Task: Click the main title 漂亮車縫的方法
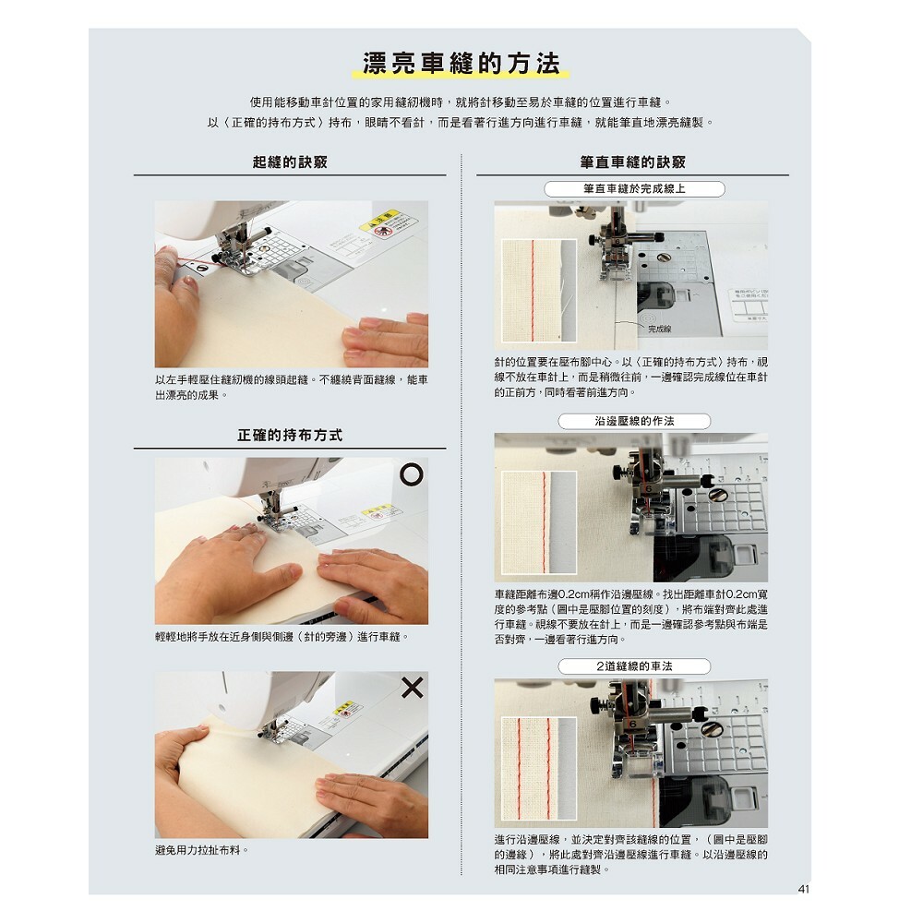tap(461, 64)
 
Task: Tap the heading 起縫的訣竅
tap(290, 162)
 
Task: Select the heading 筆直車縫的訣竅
tap(633, 162)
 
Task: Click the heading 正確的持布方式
tap(290, 435)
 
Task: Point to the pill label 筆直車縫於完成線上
tap(634, 189)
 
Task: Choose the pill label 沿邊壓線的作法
tap(634, 422)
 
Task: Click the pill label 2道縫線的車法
tap(634, 666)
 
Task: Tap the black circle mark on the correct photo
tap(412, 473)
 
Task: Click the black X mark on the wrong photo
tap(412, 687)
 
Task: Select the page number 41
tap(804, 889)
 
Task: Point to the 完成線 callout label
tap(659, 330)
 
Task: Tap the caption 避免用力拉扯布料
tap(202, 851)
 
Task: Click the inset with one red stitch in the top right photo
tap(539, 290)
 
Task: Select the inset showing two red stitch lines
tap(539, 768)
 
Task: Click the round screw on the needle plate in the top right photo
tap(664, 258)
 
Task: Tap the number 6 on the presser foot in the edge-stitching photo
tap(649, 488)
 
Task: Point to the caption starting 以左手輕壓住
tap(292, 388)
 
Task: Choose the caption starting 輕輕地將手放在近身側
tap(282, 637)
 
